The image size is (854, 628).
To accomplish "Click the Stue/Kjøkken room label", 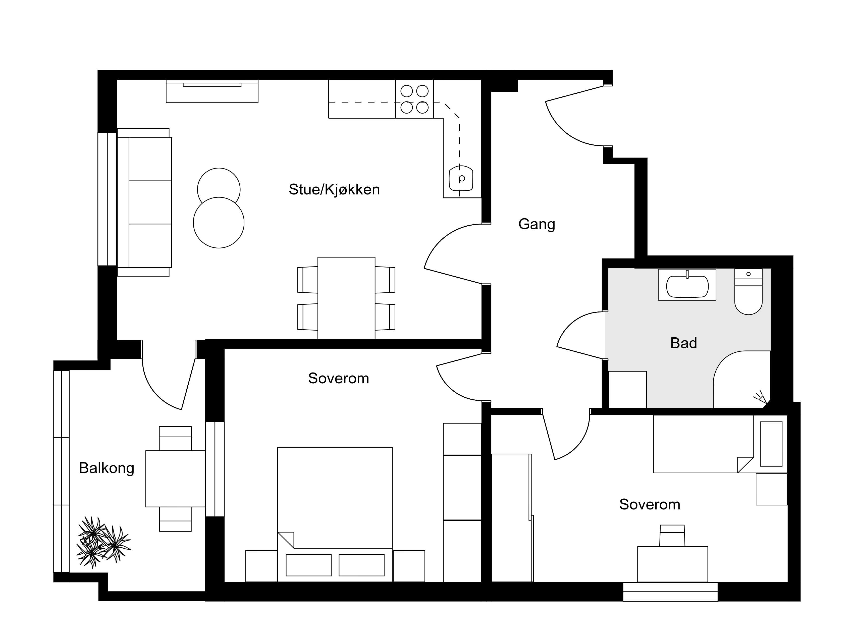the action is pos(334,190).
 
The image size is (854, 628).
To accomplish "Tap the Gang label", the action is pos(537,224).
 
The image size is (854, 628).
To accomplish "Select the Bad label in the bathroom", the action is pos(683,343).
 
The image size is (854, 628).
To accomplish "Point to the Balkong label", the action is pos(106,468).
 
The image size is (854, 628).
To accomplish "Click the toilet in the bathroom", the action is pos(748,292).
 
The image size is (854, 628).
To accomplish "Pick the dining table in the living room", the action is pos(346,298).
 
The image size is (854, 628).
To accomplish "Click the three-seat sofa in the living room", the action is pos(144,202).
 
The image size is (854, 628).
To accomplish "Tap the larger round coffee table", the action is pos(219,223).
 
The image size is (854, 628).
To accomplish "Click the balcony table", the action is pos(175,479).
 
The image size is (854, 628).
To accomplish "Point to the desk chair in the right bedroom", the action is pos(672,536).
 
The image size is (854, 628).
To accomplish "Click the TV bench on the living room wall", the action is pos(212,91).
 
